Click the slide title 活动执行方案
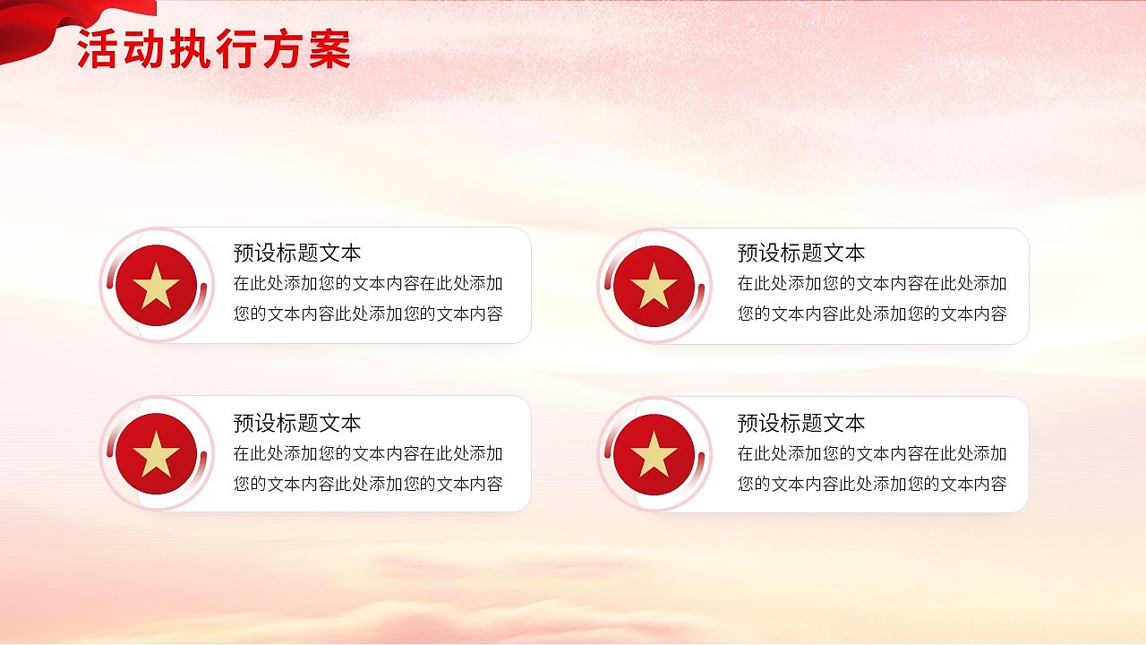pos(213,49)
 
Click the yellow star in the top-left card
pos(157,286)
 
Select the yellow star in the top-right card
pos(654,286)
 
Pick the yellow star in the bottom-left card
pos(157,454)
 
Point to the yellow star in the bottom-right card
pos(654,454)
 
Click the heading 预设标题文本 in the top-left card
pos(297,254)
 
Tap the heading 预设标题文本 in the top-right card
pos(801,254)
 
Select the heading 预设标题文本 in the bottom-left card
pos(297,423)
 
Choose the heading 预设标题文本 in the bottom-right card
pos(801,423)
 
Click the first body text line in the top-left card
pos(368,284)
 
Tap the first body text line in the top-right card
pos(872,284)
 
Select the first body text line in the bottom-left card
pos(368,454)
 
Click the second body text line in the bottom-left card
pos(368,485)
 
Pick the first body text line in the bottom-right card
pos(872,454)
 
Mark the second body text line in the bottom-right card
pos(872,485)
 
